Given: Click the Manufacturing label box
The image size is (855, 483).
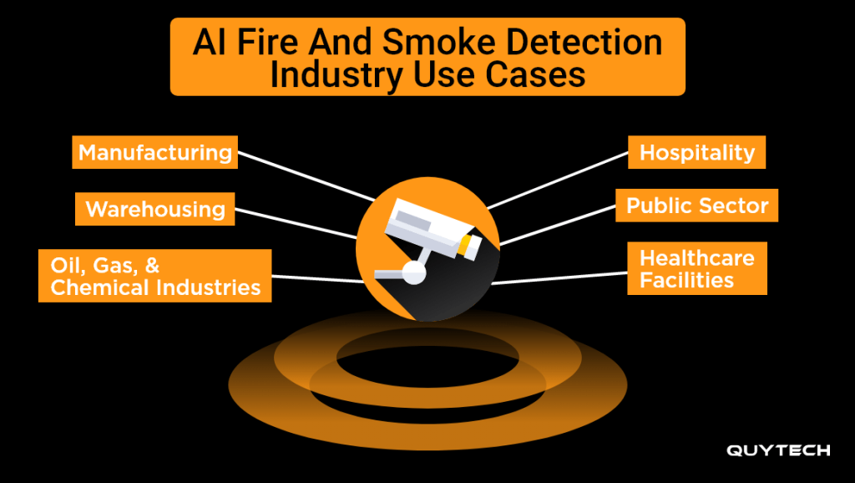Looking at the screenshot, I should pos(154,152).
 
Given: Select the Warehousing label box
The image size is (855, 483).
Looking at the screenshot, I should pos(155,208).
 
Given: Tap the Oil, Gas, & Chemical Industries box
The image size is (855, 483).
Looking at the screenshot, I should pos(155,276).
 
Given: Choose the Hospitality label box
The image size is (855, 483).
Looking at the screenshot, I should pos(696,152).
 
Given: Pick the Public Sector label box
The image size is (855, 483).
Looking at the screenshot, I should pos(696,206).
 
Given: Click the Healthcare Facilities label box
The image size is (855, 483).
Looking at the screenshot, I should pos(696,268).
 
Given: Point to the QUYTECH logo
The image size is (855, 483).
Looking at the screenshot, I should pos(777,450).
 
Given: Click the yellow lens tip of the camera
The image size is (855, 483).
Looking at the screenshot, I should pos(471,244).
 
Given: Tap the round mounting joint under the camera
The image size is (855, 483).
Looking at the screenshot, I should pos(412,270).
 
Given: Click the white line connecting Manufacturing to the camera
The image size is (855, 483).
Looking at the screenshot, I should pos(306,175).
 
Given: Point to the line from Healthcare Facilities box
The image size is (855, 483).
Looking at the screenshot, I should pos(559,278).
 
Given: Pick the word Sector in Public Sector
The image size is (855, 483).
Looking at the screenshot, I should pos(733,206).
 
